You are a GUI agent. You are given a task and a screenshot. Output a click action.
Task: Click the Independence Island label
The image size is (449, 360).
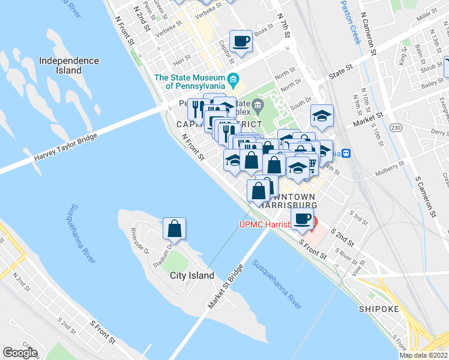(68, 65)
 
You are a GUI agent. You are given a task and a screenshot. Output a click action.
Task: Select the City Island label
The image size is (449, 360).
(192, 275)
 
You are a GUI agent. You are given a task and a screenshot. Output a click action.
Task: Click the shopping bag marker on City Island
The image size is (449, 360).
(174, 229)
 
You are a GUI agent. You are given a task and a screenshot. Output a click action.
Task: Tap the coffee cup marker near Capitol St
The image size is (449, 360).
(241, 41)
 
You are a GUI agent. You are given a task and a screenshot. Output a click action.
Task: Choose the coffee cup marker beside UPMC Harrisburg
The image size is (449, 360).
(302, 218)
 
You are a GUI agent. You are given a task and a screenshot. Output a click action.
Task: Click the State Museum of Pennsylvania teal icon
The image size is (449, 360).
(234, 79)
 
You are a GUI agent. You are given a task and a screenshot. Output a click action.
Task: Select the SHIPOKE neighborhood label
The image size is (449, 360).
(378, 309)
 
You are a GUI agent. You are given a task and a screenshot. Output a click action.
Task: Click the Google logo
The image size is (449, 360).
(20, 353)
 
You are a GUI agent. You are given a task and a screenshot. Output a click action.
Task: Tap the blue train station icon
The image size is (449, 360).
(346, 153)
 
